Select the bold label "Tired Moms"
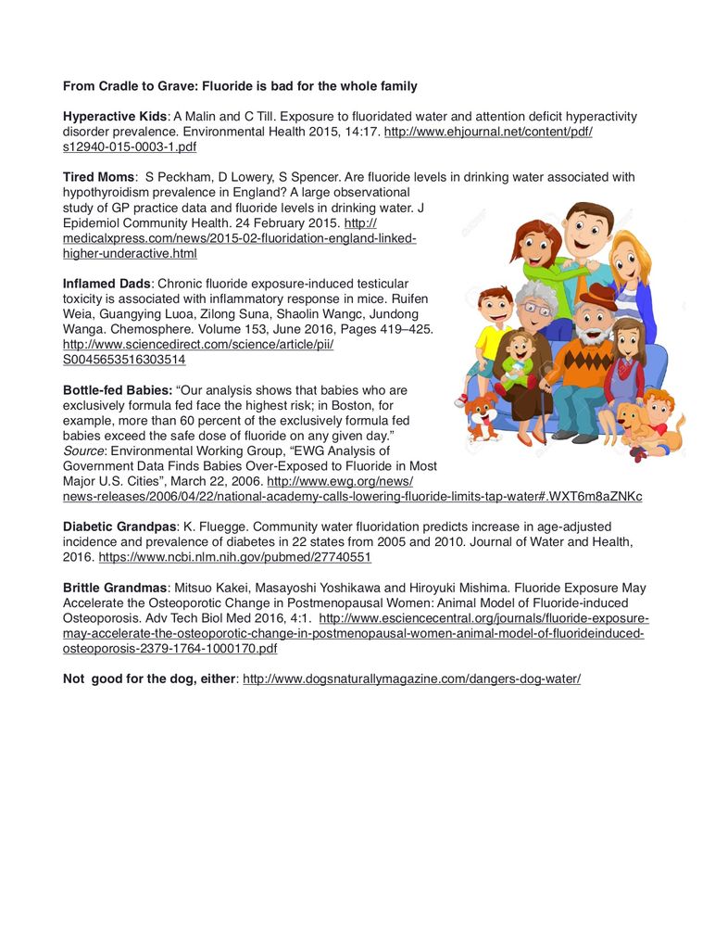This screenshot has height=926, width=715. point(98,176)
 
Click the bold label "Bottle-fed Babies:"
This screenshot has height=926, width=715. point(118,389)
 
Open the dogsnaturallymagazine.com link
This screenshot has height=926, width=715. point(411,679)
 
